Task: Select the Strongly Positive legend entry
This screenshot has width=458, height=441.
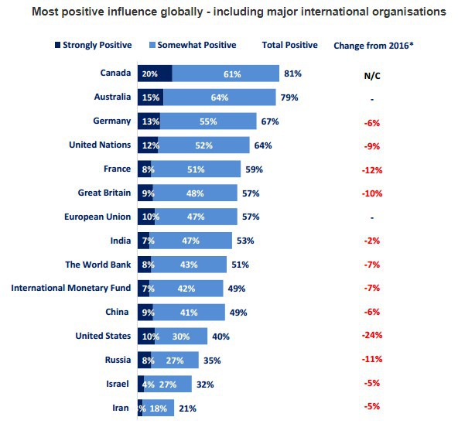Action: (97, 45)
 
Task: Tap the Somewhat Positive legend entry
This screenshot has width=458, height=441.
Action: (197, 45)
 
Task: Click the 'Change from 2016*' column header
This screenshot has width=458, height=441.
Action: (373, 45)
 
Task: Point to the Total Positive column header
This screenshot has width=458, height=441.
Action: (290, 45)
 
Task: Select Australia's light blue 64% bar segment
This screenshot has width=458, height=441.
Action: (218, 97)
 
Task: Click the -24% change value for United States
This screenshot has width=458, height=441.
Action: (372, 336)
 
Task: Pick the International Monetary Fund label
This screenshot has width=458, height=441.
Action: (70, 288)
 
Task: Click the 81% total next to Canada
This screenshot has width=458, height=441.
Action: (292, 73)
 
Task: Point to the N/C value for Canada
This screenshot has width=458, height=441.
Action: (372, 75)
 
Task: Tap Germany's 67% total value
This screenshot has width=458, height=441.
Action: (269, 121)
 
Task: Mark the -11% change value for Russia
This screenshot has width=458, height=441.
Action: (372, 360)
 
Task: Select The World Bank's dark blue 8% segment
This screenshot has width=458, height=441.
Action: (144, 265)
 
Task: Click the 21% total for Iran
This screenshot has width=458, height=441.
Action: (186, 408)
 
